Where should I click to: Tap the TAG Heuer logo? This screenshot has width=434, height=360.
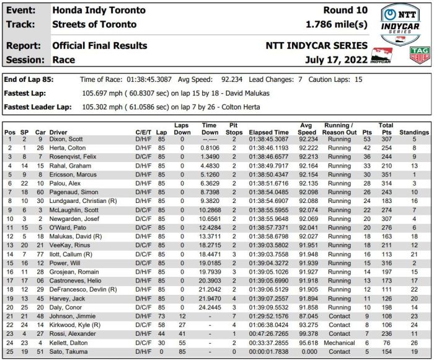[x=420, y=55]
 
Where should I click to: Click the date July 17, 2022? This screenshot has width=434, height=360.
[x=336, y=60]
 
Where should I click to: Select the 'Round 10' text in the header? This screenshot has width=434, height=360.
[x=345, y=11]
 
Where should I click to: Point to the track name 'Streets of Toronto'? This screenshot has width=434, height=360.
[x=94, y=24]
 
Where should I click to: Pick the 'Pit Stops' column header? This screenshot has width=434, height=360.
[x=234, y=128]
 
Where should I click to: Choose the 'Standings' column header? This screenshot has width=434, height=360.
[x=414, y=132]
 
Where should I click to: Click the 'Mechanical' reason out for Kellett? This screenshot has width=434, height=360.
[x=339, y=343]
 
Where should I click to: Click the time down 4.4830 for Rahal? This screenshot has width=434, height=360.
[x=209, y=166]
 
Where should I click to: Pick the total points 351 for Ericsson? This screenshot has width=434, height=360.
[x=386, y=175]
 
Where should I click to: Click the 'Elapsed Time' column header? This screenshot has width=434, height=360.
[x=268, y=132]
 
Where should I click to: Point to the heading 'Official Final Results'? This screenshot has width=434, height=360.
[x=100, y=46]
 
